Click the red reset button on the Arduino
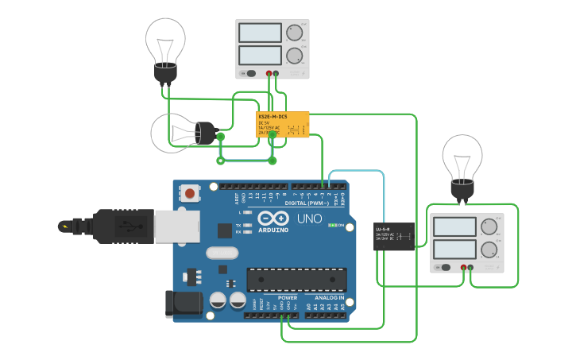click(190, 192)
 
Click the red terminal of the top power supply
click(269, 74)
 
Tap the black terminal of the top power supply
click(276, 74)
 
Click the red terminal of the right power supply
click(463, 268)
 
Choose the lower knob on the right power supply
click(489, 249)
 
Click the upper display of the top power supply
click(260, 33)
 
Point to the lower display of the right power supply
click(454, 249)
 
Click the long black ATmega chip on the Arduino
click(296, 280)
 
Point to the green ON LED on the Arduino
click(333, 225)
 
